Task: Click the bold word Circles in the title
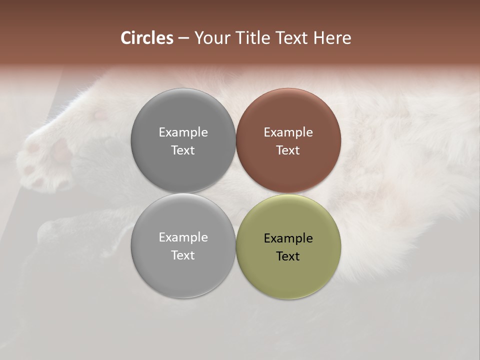click(147, 38)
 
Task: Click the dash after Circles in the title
click(183, 38)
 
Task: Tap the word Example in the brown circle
click(288, 132)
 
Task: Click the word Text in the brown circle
click(288, 150)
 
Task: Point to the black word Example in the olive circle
click(288, 238)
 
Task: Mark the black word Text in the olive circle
click(288, 256)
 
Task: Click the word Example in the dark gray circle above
click(183, 132)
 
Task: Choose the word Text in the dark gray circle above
click(183, 150)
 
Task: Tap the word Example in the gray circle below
click(183, 237)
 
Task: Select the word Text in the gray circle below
click(183, 255)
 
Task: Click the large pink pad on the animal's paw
click(61, 149)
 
